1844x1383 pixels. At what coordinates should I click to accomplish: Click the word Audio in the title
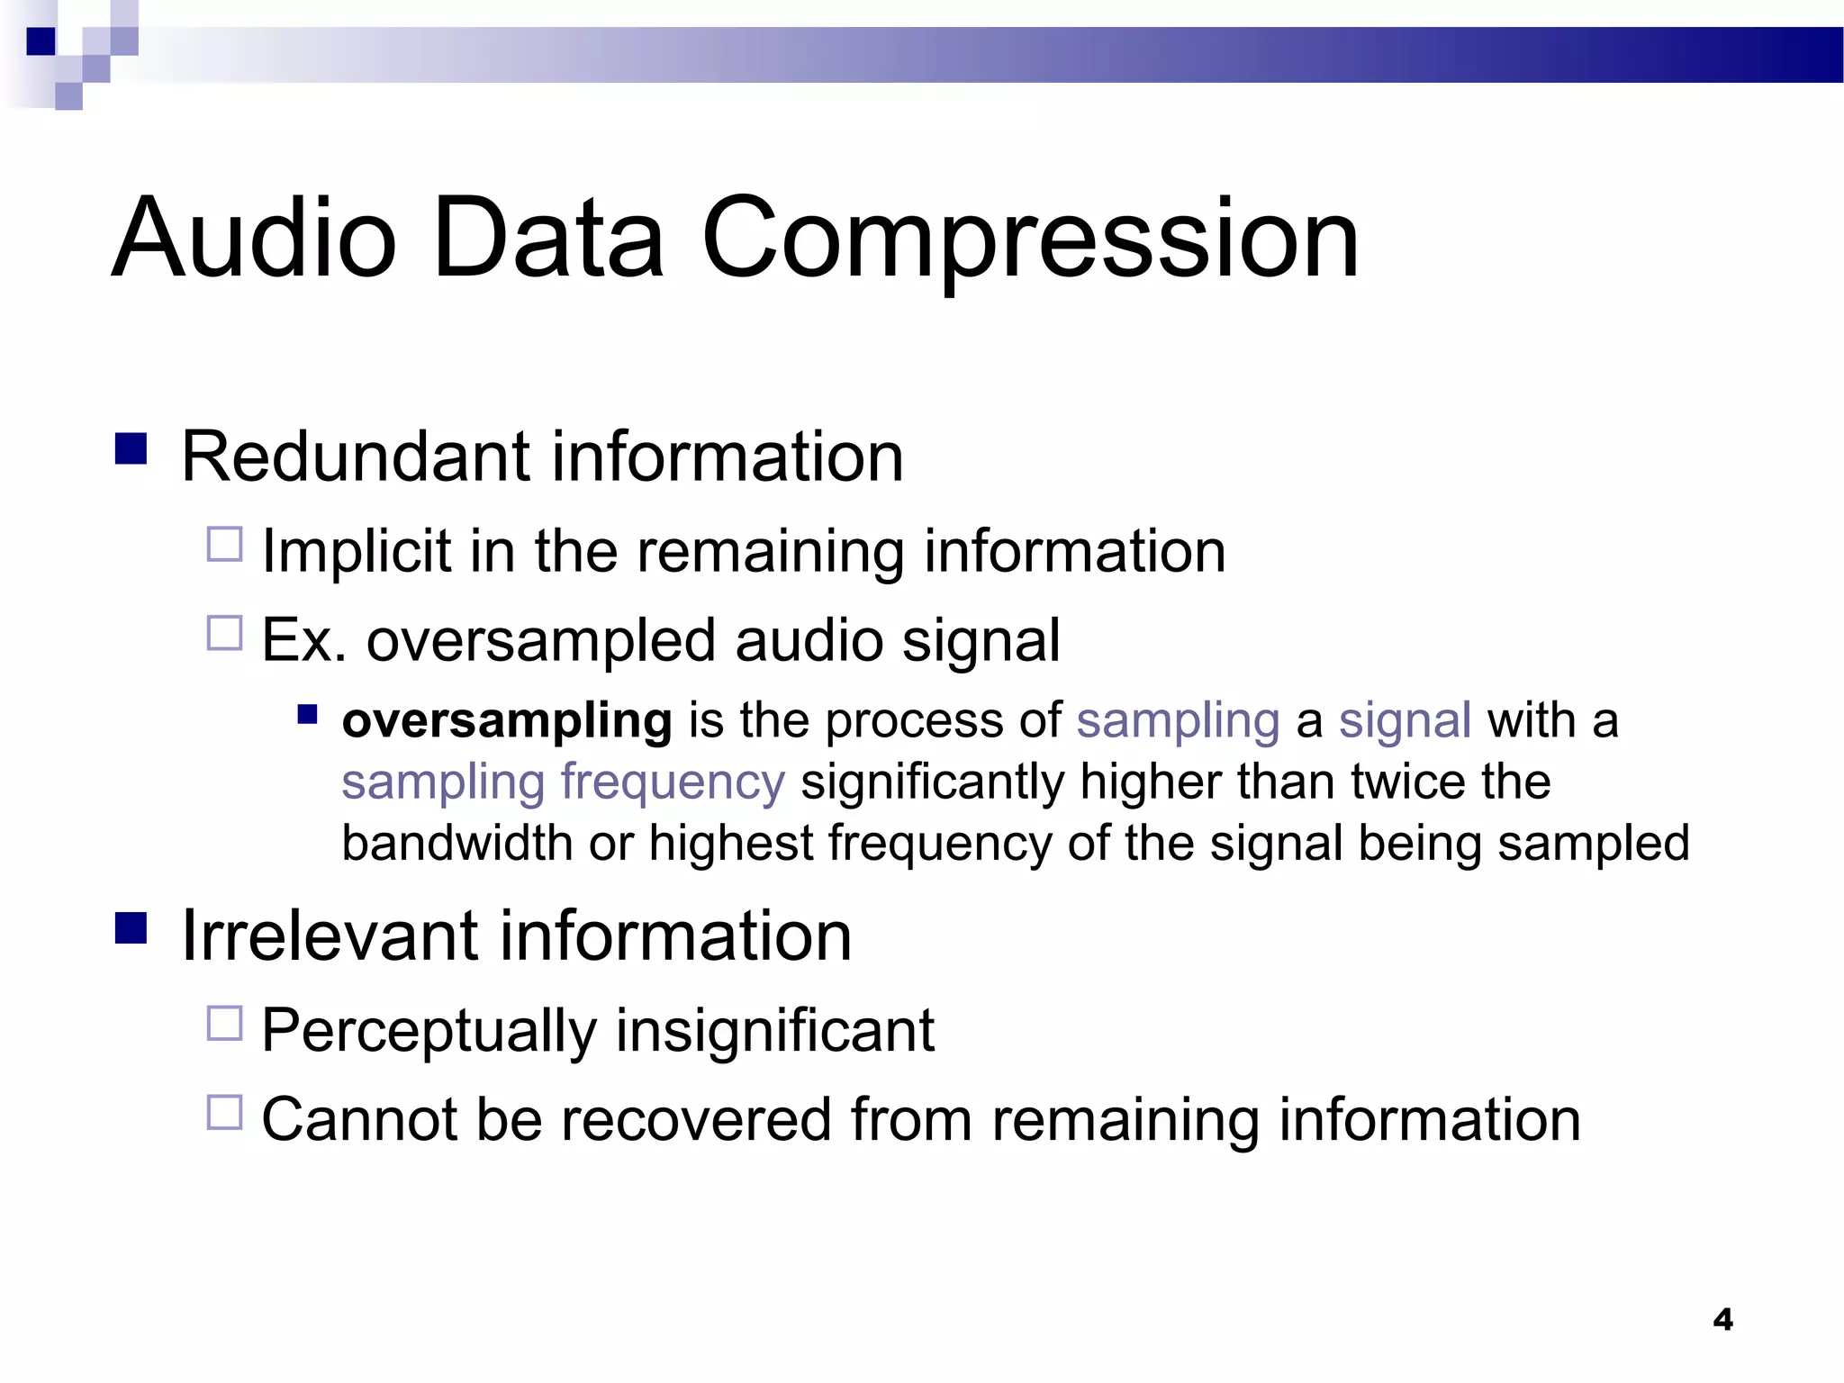point(254,239)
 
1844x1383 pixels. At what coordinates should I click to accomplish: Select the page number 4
point(1722,1319)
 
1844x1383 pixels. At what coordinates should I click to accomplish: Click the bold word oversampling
point(507,721)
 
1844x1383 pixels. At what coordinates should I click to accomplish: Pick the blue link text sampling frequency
point(563,782)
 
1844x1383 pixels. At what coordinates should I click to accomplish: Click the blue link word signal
point(1405,720)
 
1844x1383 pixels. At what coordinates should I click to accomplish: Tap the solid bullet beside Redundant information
point(131,448)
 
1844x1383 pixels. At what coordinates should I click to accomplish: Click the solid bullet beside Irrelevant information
point(131,927)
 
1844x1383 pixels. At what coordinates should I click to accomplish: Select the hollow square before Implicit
point(225,545)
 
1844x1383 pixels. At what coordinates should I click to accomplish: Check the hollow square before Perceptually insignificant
point(225,1024)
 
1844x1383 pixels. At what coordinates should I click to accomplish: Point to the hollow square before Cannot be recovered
point(225,1112)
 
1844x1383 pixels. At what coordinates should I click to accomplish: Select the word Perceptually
point(429,1031)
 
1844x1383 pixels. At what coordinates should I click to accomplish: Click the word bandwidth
point(457,843)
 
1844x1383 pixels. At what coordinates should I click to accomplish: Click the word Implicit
point(357,551)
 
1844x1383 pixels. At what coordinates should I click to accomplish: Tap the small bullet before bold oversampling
point(308,715)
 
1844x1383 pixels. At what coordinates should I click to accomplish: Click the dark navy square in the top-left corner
point(41,41)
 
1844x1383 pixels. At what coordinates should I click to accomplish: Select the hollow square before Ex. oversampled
point(225,633)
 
